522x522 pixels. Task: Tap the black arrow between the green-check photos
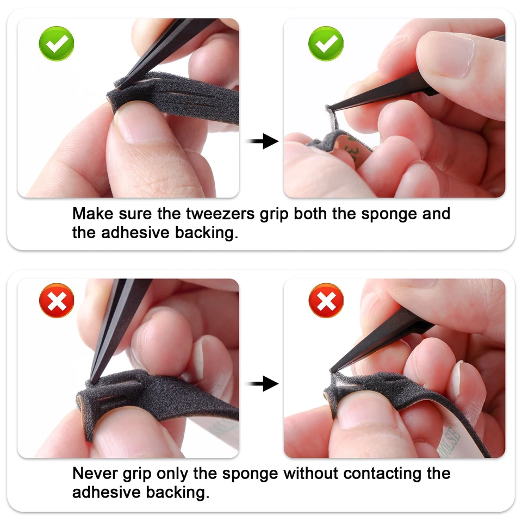[262, 142]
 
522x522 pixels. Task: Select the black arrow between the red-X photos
[262, 384]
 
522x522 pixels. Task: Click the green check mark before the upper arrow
[57, 43]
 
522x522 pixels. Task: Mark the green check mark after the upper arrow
[326, 43]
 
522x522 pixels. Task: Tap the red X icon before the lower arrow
[57, 300]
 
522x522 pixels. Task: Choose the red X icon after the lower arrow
[326, 300]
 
